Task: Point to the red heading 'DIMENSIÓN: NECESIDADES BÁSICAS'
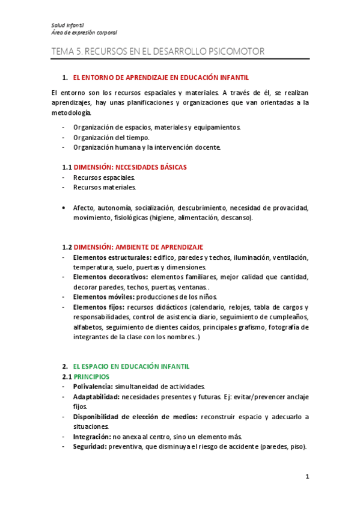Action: pyautogui.click(x=130, y=167)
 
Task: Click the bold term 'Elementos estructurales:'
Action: pyautogui.click(x=112, y=257)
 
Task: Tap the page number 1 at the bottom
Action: pyautogui.click(x=307, y=477)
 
